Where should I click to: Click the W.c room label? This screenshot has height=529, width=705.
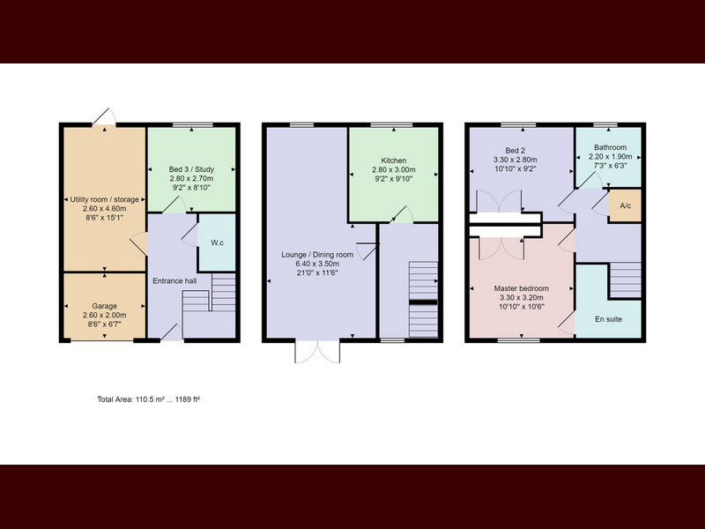[217, 243]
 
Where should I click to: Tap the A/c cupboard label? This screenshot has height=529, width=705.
[626, 206]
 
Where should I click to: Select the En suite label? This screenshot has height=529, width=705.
[608, 319]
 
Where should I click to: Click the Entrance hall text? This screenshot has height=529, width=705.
[174, 281]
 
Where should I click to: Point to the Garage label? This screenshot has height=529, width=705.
[104, 306]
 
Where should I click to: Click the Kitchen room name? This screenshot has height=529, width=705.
[394, 160]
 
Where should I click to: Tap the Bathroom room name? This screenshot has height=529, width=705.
[610, 147]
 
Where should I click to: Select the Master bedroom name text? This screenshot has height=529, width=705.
[522, 288]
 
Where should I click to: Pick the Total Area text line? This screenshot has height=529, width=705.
[149, 399]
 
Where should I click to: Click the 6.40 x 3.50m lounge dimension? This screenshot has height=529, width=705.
[317, 264]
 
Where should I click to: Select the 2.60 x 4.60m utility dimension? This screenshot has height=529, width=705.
[104, 209]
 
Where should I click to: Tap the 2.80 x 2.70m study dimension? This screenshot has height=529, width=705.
[191, 179]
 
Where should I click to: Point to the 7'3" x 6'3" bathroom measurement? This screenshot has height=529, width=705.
[611, 166]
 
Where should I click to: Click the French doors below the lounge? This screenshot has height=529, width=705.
[317, 352]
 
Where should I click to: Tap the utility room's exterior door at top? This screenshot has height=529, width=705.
[104, 117]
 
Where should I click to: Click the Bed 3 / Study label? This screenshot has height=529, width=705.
[191, 169]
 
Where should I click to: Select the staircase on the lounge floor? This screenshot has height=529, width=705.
[423, 299]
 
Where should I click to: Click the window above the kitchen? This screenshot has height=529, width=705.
[391, 124]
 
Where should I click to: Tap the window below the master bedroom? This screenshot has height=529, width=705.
[519, 340]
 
